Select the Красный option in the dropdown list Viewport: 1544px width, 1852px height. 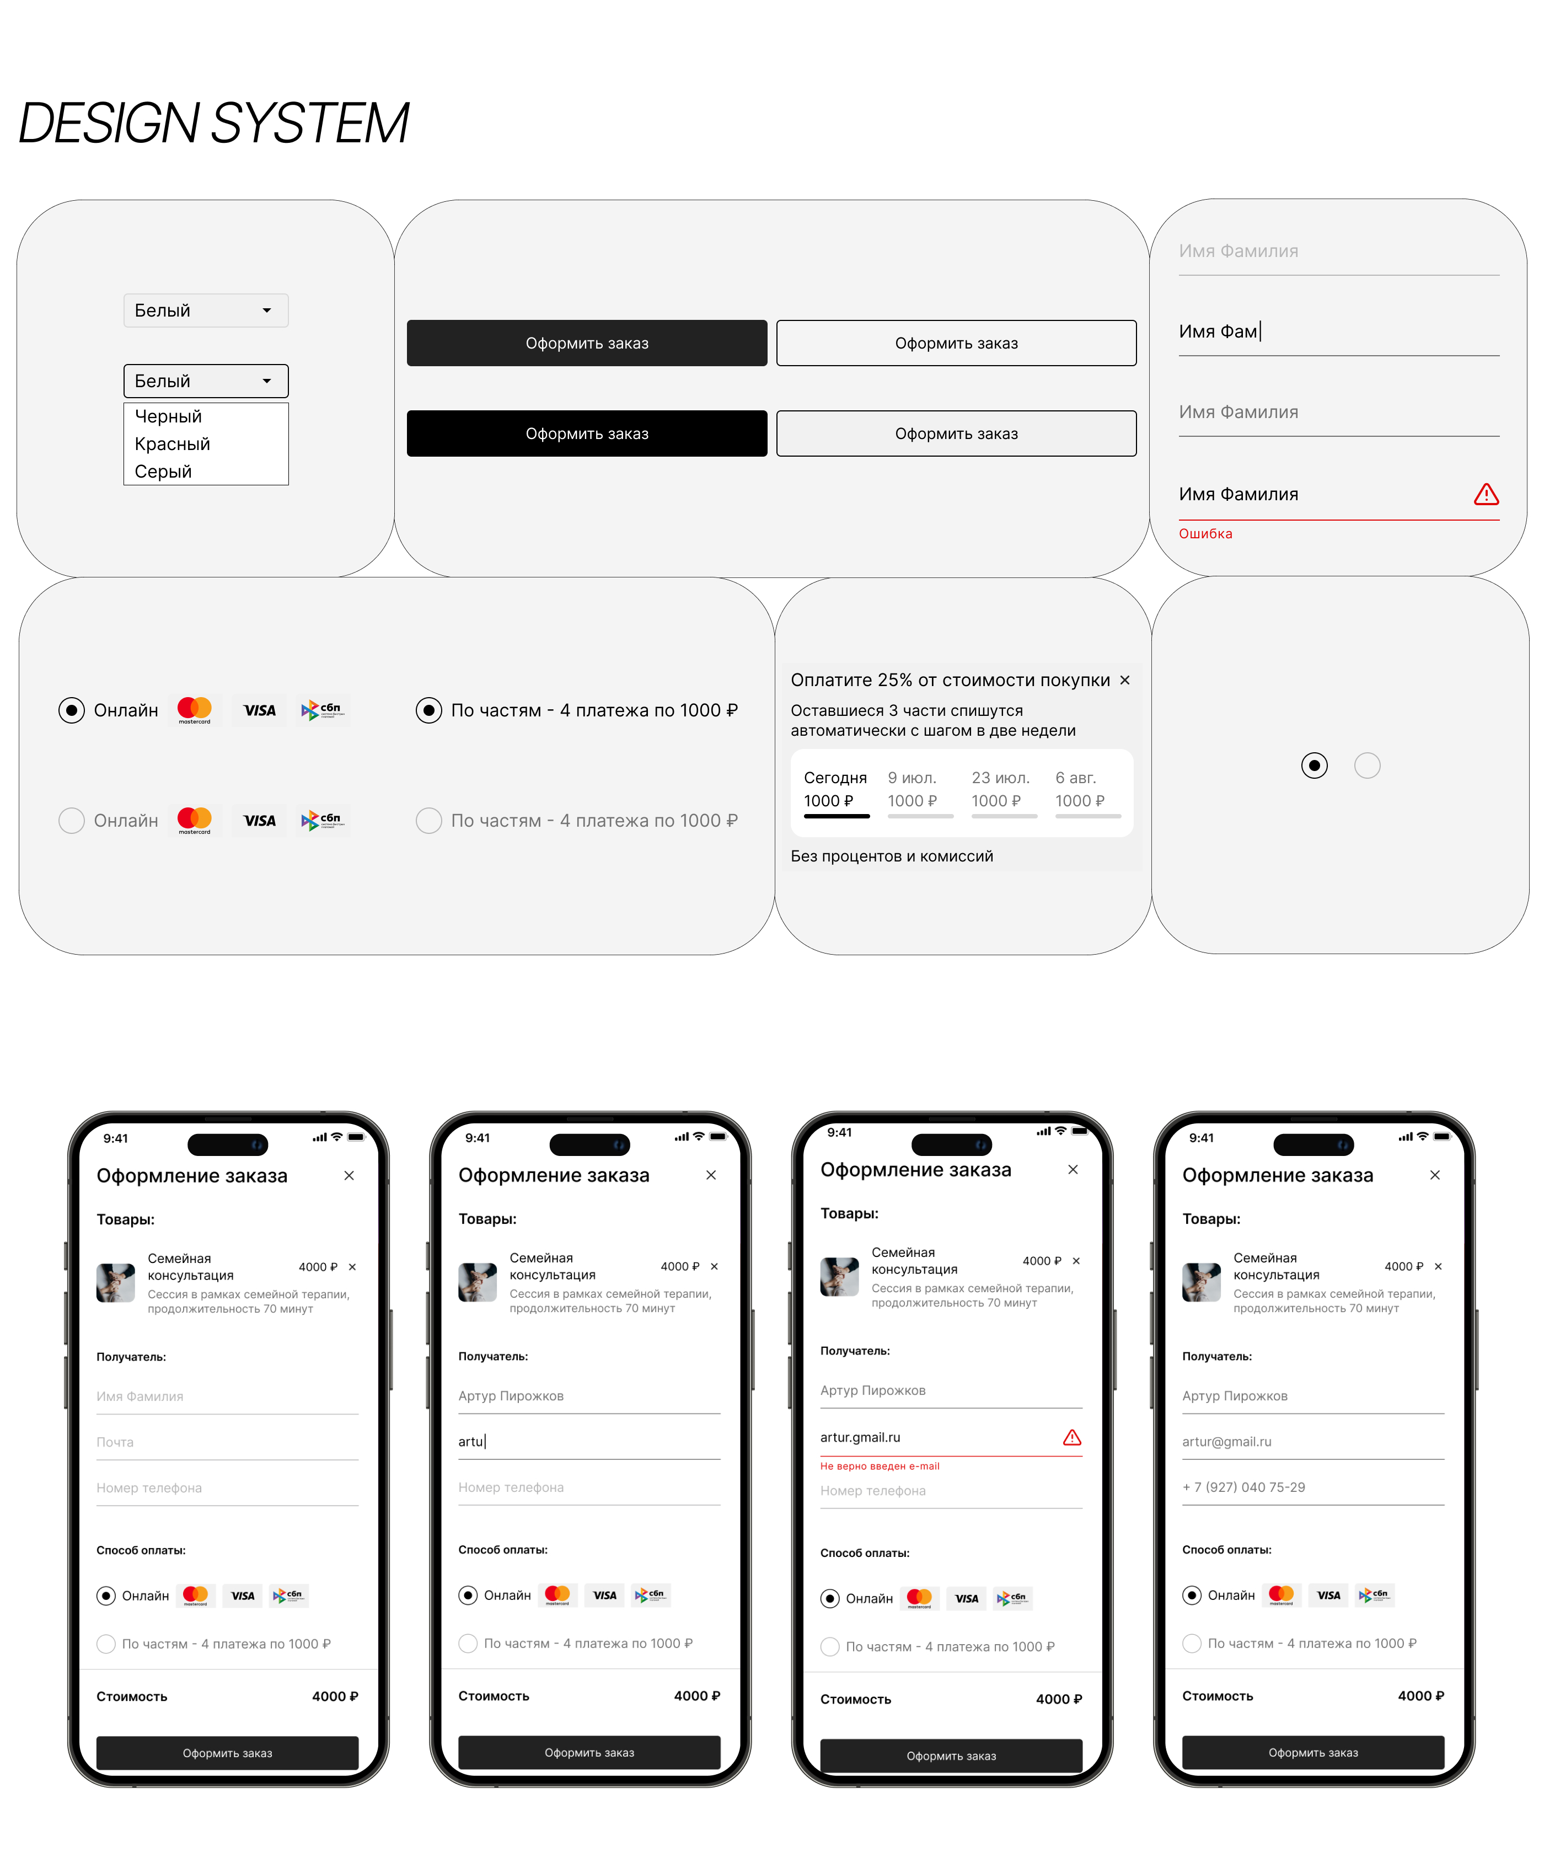click(x=172, y=443)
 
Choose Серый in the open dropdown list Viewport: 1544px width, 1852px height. click(x=163, y=471)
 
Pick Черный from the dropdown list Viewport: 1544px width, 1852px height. click(x=168, y=416)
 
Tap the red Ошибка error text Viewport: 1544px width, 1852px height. click(x=1205, y=533)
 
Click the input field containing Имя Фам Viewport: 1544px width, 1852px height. click(x=1338, y=333)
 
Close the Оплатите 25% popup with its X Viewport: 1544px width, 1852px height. click(x=1124, y=680)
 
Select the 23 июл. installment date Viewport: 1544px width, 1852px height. click(x=1000, y=778)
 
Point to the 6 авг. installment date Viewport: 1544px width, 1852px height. click(x=1076, y=778)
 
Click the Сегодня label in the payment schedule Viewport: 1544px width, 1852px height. click(x=835, y=778)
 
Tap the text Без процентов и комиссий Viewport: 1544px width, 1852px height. click(x=892, y=857)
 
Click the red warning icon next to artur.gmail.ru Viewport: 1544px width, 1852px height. click(x=1071, y=1437)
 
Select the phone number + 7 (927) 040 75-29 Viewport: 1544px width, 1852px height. click(x=1243, y=1487)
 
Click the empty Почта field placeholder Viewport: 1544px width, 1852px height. click(x=115, y=1442)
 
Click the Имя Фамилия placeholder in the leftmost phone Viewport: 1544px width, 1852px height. click(x=140, y=1396)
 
